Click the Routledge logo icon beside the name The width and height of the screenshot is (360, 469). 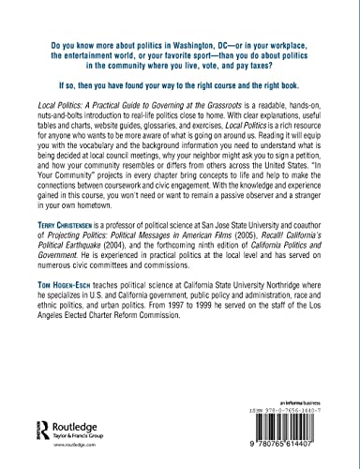pos(31,417)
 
